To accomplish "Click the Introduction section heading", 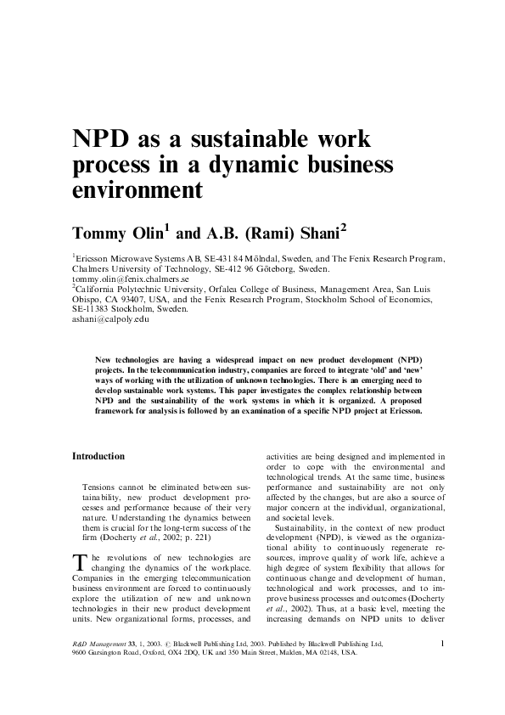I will click(x=98, y=456).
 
